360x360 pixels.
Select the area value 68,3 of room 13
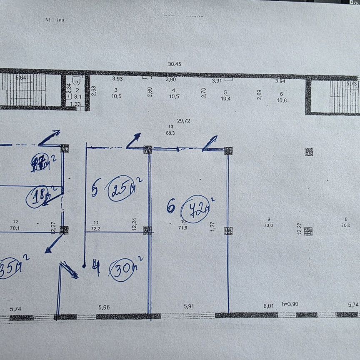click(170, 133)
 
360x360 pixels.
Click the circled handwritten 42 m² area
click(196, 209)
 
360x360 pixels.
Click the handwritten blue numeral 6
click(171, 206)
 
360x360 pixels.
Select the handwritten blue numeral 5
click(95, 190)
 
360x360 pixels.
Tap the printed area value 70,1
click(17, 228)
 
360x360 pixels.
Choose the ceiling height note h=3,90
click(291, 304)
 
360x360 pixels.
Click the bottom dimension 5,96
click(105, 308)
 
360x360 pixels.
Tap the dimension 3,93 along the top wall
click(117, 78)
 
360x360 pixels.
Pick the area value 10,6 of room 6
click(282, 100)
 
